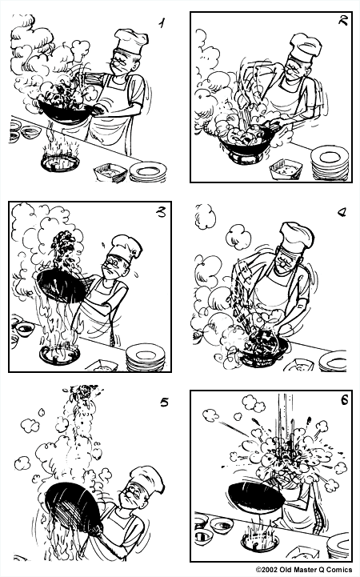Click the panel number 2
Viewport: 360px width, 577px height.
(342, 22)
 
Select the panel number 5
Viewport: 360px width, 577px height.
(163, 402)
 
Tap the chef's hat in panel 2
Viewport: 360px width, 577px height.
(305, 47)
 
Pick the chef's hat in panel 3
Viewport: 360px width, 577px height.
(126, 245)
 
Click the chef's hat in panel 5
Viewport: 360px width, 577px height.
(147, 479)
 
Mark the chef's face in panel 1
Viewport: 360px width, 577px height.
(121, 63)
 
